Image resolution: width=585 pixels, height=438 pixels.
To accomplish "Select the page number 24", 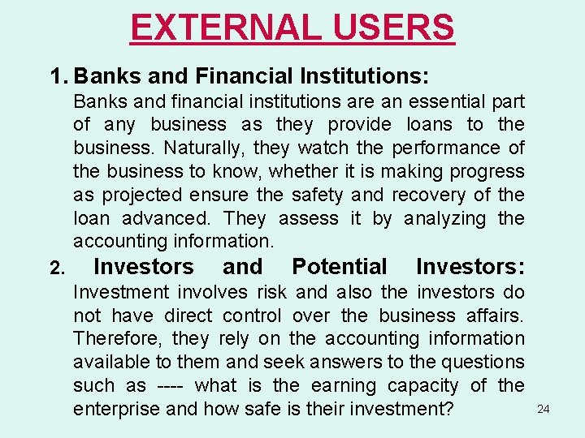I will [x=544, y=410].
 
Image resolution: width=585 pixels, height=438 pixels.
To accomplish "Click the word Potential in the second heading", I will [x=340, y=267].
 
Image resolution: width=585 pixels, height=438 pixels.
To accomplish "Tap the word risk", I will [x=271, y=292].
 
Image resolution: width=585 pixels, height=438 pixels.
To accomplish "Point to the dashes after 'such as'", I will [x=171, y=385].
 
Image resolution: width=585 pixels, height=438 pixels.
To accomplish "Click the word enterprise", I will [x=115, y=409].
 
